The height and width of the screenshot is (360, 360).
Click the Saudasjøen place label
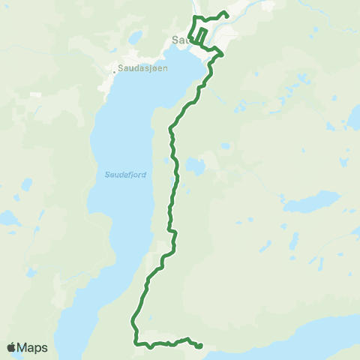coord(143,66)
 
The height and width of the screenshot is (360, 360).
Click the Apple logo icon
coord(11,347)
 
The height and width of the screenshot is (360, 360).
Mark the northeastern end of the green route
coord(226,13)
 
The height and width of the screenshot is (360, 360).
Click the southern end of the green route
coord(201,345)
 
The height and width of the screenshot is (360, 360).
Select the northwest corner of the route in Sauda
coord(194,17)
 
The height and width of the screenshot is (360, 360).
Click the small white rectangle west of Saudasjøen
coord(35,94)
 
